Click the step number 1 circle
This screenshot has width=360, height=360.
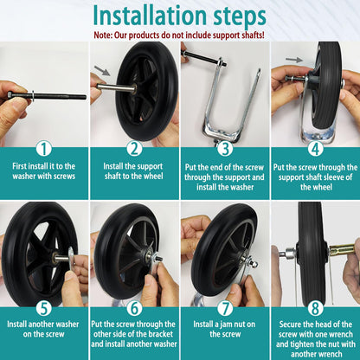[44, 149]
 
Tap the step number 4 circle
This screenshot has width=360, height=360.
[315, 149]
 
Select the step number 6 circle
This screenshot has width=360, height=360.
[135, 309]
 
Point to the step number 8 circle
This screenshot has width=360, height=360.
[315, 309]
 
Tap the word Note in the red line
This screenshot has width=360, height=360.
[102, 35]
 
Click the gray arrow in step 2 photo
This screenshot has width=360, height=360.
[102, 70]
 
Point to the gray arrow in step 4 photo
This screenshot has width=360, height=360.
[294, 60]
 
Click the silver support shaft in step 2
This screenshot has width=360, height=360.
[116, 87]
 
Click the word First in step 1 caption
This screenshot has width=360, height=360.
[19, 166]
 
